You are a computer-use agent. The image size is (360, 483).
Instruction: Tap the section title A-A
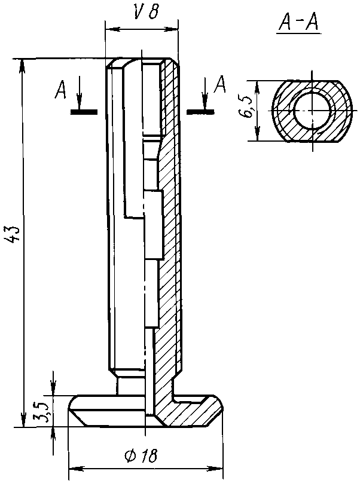click(x=298, y=22)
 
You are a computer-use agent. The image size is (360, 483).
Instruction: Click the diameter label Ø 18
click(x=141, y=456)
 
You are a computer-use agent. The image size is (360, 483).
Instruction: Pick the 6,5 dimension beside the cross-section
click(x=246, y=107)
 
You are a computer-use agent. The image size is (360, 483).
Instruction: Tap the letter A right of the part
click(x=220, y=84)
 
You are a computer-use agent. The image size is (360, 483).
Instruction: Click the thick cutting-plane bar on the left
click(x=84, y=112)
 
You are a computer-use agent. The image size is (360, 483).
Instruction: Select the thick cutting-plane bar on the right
click(x=201, y=112)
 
